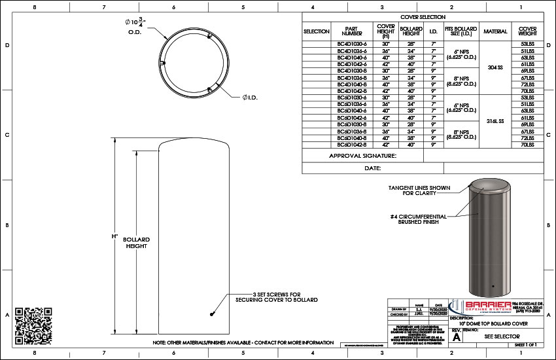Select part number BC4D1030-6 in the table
(352, 44)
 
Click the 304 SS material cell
(495, 67)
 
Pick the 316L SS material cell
(495, 122)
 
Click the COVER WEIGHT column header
(528, 31)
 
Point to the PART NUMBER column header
(352, 31)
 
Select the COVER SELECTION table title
(423, 16)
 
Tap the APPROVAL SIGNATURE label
(362, 156)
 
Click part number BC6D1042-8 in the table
(352, 145)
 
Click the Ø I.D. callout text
(249, 98)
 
